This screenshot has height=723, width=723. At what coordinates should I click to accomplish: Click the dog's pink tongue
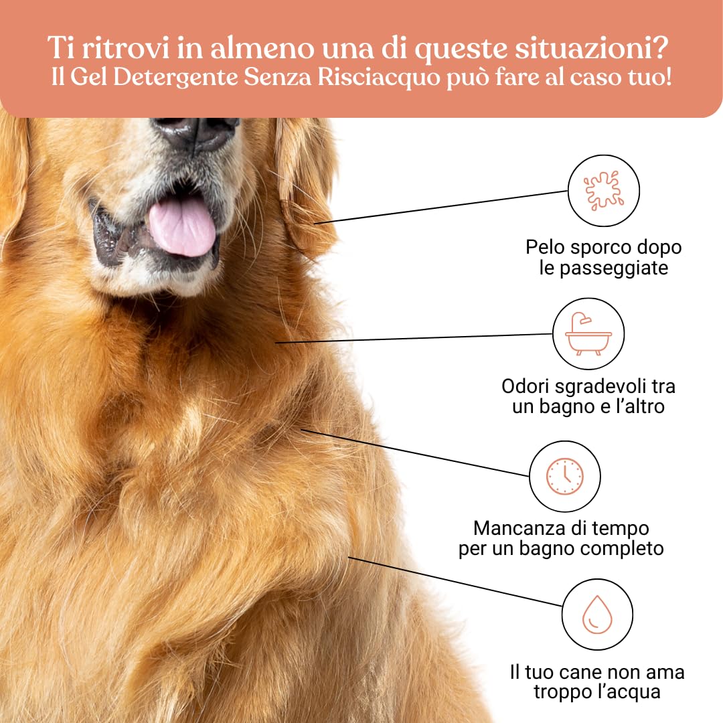click(181, 226)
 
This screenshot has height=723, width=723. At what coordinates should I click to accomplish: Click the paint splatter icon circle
click(603, 191)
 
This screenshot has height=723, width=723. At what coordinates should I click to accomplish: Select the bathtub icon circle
click(588, 333)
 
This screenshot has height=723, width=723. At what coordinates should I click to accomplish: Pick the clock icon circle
click(564, 476)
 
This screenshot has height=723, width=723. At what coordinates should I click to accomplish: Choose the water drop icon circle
click(596, 615)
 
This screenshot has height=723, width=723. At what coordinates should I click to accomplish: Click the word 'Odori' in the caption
click(530, 386)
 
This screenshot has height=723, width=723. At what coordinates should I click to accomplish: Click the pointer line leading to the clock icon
click(415, 453)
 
